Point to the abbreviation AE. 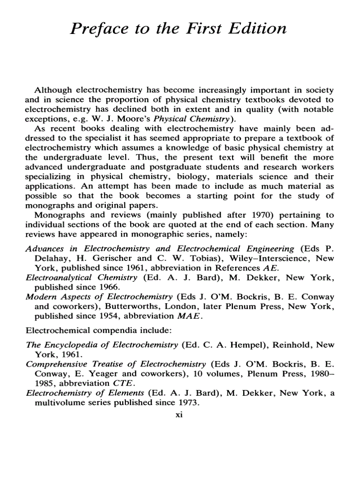269,268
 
